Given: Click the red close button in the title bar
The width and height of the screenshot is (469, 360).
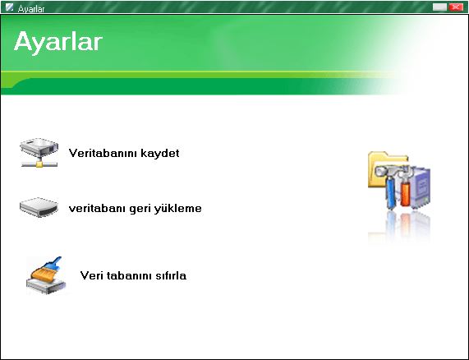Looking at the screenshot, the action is [456, 7].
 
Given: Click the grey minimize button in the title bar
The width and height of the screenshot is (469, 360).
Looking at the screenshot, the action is [439, 7].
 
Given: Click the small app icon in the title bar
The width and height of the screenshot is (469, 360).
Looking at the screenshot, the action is [9, 7].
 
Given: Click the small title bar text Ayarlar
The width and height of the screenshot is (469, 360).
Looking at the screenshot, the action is [31, 9].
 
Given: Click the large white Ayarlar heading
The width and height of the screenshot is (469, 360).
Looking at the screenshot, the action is [58, 42].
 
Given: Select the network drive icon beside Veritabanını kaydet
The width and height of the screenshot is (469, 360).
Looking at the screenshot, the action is [39, 152].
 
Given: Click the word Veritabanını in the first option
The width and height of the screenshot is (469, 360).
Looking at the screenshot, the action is [103, 153].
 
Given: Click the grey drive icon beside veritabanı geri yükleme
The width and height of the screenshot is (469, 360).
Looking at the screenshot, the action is [39, 207].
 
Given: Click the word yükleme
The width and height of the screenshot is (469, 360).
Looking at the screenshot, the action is [178, 208].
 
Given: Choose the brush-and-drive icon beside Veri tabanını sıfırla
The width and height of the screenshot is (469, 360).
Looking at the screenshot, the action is [46, 275].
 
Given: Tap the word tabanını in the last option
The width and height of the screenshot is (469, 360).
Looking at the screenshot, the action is [129, 275].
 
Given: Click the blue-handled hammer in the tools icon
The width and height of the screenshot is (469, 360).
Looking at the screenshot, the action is [389, 187].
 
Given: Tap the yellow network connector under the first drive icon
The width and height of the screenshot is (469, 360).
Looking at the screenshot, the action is [39, 164].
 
